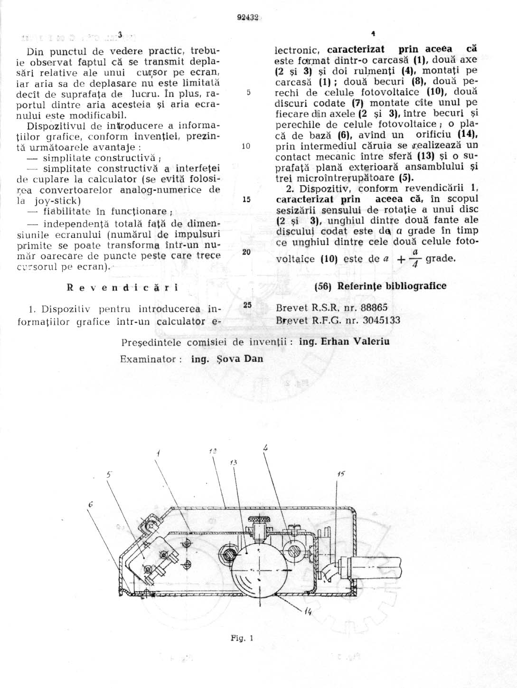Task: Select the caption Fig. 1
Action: pos(242,638)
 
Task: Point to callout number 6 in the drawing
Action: pos(90,507)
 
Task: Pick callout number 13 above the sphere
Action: pos(234,462)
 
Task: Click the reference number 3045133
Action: pos(381,320)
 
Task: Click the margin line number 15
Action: pos(246,199)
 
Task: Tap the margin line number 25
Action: pos(246,305)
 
